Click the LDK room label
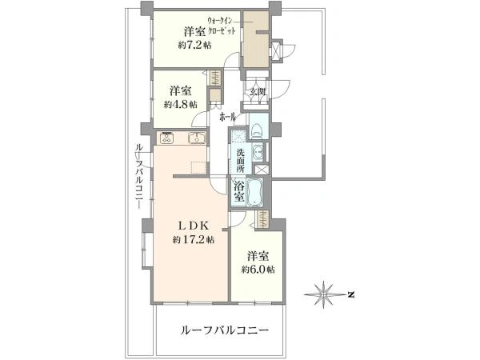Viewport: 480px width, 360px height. pyautogui.click(x=194, y=226)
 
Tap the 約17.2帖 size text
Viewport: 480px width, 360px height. pyautogui.click(x=194, y=239)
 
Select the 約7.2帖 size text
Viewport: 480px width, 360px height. pyautogui.click(x=195, y=45)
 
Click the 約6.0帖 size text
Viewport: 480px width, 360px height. pyautogui.click(x=260, y=269)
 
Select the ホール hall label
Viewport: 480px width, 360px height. pyautogui.click(x=229, y=117)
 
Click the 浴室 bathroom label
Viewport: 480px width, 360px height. pyautogui.click(x=239, y=191)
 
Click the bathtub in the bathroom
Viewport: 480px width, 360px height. pyautogui.click(x=257, y=193)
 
